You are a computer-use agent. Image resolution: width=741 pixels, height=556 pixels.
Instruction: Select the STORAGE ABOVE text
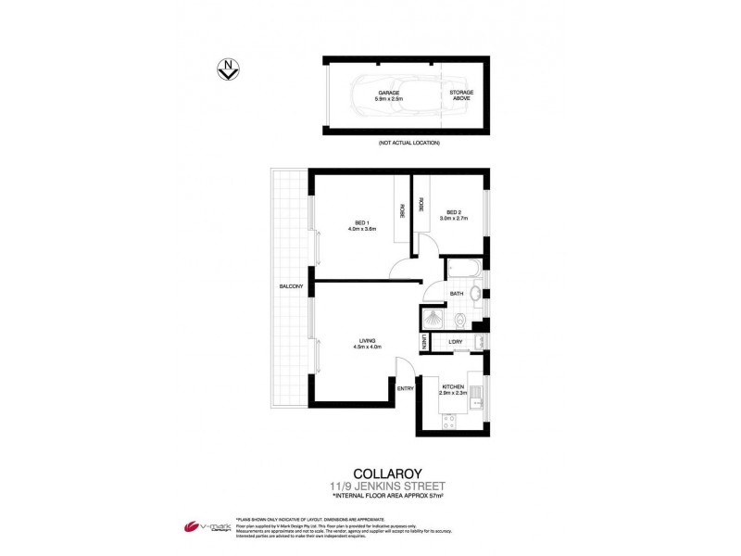click(461, 95)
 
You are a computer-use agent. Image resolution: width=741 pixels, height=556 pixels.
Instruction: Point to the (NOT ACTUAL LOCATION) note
click(408, 144)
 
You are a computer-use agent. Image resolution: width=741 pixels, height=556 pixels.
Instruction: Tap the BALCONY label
click(291, 286)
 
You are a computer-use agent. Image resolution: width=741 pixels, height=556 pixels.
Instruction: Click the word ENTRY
click(406, 388)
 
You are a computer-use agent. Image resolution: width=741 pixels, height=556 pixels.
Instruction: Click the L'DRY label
click(456, 343)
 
